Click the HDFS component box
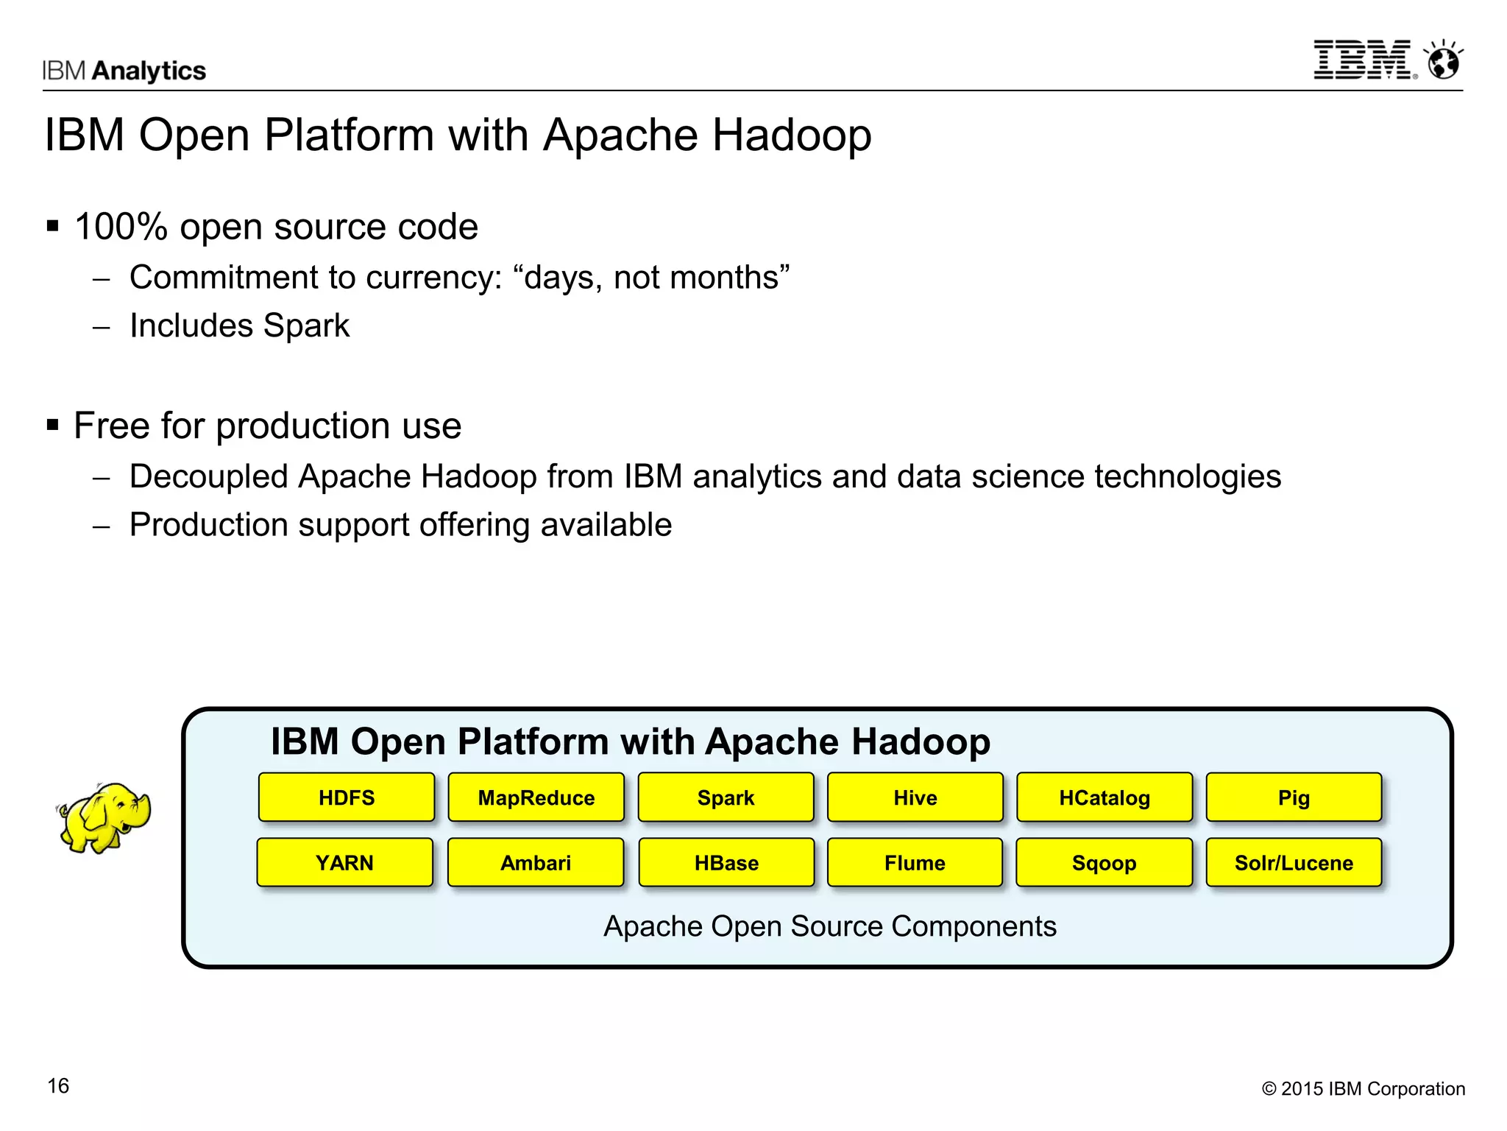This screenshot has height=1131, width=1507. click(347, 797)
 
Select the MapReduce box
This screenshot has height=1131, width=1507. click(536, 797)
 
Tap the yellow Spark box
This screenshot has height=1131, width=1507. click(726, 797)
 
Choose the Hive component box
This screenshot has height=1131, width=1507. click(915, 797)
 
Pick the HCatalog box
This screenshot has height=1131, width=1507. click(1104, 797)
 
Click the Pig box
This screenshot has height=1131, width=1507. click(1294, 797)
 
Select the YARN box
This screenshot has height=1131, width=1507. click(345, 862)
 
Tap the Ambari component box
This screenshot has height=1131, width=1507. click(536, 862)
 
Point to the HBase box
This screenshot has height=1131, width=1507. click(726, 862)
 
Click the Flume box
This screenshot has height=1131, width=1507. click(915, 862)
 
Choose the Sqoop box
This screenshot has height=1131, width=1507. click(1104, 862)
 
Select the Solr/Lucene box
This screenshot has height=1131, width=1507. click(1294, 862)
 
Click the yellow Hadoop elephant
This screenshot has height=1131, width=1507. click(104, 817)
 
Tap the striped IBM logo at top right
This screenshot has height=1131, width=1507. click(1364, 60)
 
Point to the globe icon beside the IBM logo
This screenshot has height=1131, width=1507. click(1444, 61)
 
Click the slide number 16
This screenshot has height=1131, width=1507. click(58, 1085)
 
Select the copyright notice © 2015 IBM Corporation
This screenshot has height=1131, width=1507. click(1363, 1088)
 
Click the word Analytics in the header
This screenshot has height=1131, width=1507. click(149, 71)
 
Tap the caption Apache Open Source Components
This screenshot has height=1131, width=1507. click(829, 926)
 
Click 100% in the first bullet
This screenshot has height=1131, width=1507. click(121, 227)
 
